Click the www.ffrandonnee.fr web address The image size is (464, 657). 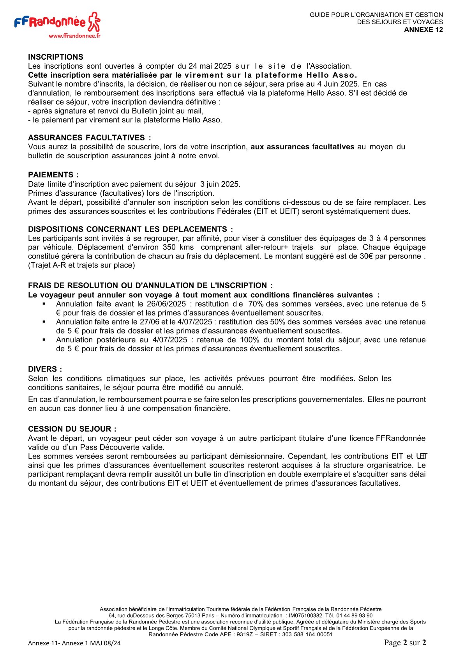pos(74,35)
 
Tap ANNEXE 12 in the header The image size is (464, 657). pos(423,30)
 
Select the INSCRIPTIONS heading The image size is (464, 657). pos(56,57)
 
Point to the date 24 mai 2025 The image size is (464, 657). pos(210,66)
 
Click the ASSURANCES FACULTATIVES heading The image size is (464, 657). pos(89,138)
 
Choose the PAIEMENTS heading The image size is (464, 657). pos(53,175)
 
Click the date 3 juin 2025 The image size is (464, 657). pos(220,184)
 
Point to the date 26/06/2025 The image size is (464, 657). pos(166,304)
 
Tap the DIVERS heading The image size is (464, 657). pos(45,369)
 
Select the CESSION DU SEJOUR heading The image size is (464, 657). pos(72,429)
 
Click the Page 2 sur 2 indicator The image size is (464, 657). pos(405,643)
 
